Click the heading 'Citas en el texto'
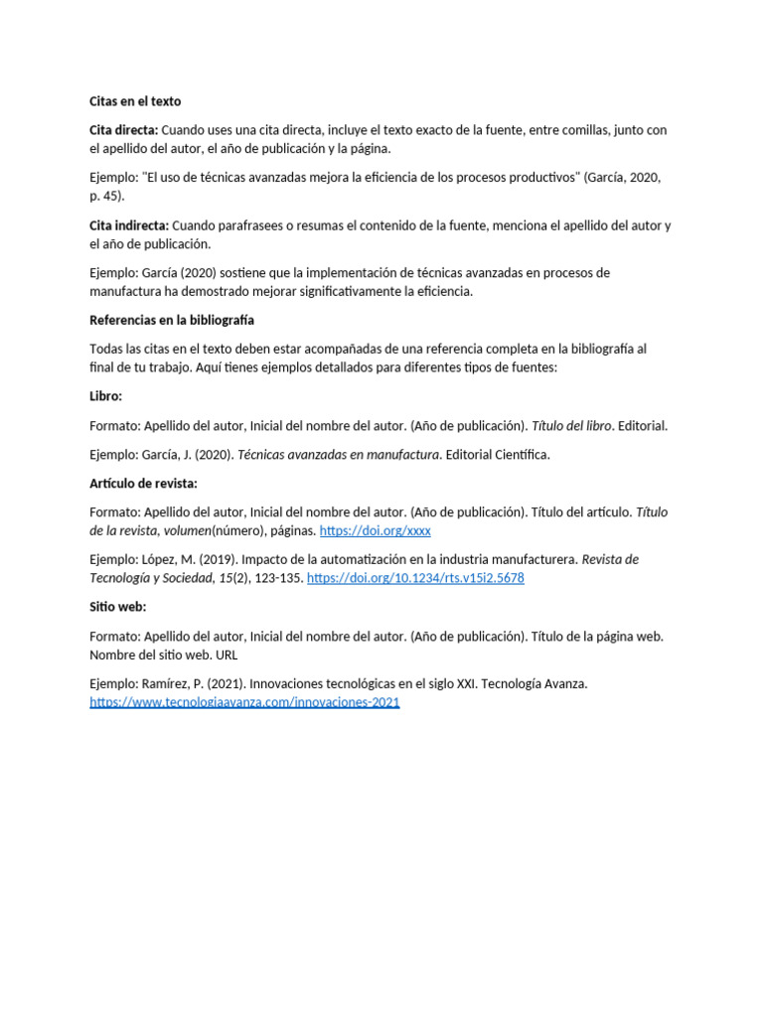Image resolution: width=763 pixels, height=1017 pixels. pos(135,101)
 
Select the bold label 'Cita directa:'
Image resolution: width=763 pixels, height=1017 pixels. pos(123,130)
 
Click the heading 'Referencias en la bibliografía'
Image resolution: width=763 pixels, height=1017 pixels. pos(172,320)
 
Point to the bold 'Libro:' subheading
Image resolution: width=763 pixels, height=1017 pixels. pos(106,395)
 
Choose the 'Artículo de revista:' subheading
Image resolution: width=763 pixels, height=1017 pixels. pos(144,483)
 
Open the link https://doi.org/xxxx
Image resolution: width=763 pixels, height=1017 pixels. pos(375,531)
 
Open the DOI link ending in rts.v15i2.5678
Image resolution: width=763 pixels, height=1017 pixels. pos(415,578)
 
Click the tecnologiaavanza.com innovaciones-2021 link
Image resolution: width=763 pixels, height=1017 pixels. pos(244,702)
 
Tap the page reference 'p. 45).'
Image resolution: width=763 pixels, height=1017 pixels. pos(106,196)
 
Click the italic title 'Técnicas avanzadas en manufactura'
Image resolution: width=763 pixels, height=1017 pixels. pos(339,455)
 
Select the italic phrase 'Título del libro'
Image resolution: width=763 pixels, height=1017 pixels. pos(571,425)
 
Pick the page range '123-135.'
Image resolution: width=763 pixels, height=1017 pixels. pos(277,578)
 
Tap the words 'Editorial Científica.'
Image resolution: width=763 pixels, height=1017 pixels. pos(498,455)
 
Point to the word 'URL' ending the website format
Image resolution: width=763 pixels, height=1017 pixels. pos(227,655)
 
